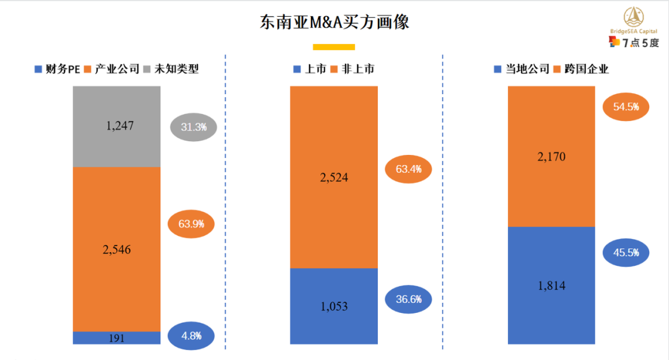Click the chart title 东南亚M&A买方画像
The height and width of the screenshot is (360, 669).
(x=334, y=23)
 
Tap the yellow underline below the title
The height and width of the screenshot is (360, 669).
(x=334, y=46)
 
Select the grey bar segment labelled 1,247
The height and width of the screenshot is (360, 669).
(x=116, y=126)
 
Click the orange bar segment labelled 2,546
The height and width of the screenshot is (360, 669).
(x=116, y=249)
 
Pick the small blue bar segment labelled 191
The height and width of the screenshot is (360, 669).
(x=116, y=338)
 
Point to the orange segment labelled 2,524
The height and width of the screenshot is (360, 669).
(x=334, y=177)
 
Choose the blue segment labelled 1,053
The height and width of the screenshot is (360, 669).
(x=334, y=306)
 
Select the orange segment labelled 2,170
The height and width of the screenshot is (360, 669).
(x=551, y=156)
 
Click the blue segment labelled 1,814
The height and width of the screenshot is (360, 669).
(x=551, y=286)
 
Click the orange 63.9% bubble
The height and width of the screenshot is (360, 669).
(x=191, y=224)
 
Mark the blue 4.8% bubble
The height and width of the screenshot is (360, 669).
(x=191, y=336)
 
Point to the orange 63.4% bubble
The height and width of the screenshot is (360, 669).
(x=409, y=169)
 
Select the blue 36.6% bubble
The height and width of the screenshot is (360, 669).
(x=409, y=299)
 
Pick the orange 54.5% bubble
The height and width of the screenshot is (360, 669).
(x=626, y=107)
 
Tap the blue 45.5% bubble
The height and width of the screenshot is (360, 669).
(x=626, y=253)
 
